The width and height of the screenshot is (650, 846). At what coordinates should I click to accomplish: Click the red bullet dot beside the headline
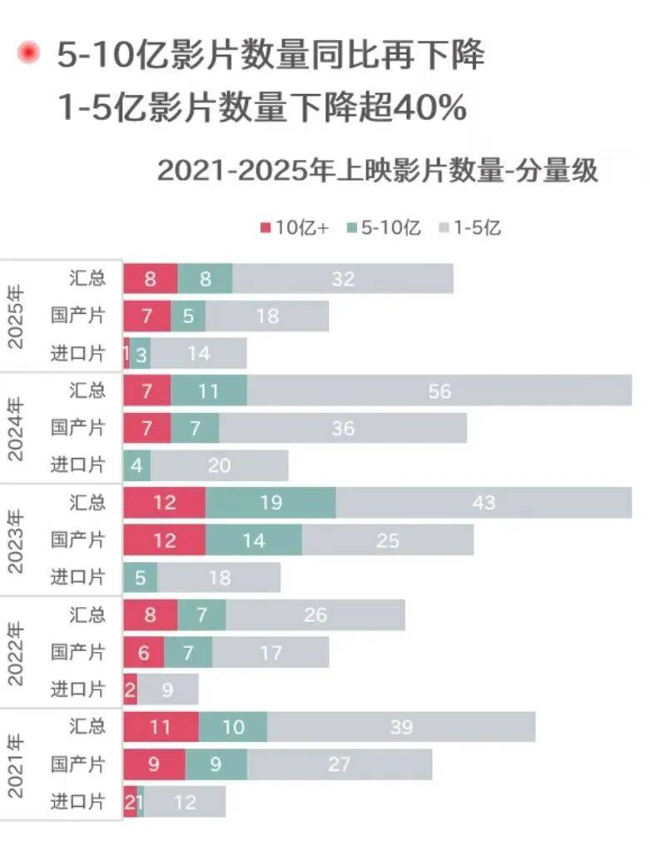tap(29, 55)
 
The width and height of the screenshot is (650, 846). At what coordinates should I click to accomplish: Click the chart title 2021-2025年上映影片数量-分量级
tap(378, 171)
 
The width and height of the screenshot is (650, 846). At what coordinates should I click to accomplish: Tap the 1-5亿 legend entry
tap(470, 228)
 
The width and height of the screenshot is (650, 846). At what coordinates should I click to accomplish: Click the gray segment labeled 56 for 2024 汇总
tap(439, 391)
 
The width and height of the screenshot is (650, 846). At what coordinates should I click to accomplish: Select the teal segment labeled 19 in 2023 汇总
tap(270, 502)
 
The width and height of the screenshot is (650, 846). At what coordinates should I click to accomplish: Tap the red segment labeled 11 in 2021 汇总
tap(161, 727)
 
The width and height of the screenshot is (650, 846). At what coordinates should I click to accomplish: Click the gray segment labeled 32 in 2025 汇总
tap(343, 279)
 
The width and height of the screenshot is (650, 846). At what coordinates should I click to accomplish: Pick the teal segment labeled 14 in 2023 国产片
tap(254, 540)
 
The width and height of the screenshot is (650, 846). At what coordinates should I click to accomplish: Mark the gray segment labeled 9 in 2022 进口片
tap(167, 689)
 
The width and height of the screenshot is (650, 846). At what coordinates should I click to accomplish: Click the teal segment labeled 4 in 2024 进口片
tap(136, 465)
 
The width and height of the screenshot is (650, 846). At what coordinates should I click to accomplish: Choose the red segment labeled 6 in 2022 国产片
tap(143, 652)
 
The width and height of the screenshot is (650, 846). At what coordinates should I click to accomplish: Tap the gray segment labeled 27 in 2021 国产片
tap(340, 764)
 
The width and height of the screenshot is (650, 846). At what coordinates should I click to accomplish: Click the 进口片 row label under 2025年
tap(78, 354)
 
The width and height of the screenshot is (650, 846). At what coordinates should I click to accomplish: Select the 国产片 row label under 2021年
tap(78, 764)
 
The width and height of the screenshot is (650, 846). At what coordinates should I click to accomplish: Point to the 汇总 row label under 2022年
tap(87, 615)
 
